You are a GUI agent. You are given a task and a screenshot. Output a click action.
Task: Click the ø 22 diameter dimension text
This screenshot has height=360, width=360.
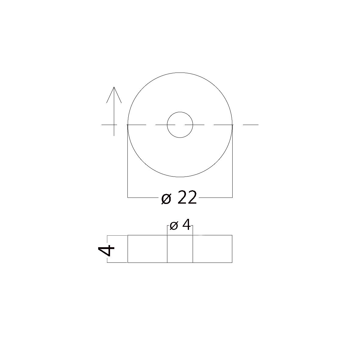point(179,197)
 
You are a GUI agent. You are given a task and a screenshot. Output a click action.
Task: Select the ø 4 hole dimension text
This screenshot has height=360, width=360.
point(180,225)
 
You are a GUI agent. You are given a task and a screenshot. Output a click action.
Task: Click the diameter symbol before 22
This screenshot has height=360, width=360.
point(166,199)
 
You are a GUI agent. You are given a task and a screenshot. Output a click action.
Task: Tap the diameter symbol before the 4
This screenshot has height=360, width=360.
point(174,226)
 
